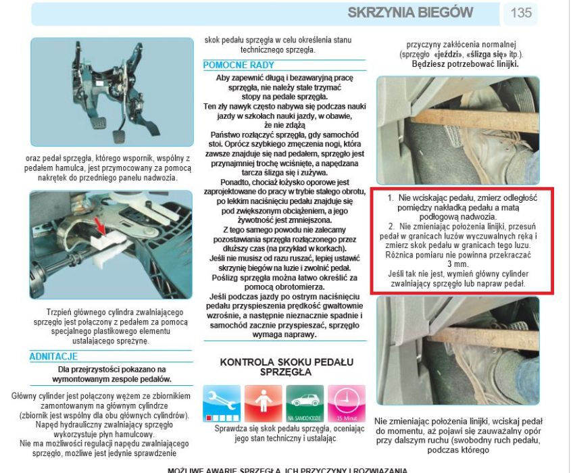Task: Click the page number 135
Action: (x=521, y=13)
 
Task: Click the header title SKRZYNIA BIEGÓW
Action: (x=410, y=13)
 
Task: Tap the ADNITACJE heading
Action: (x=53, y=356)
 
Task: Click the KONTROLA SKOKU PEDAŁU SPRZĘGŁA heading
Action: (x=284, y=367)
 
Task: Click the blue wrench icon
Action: (x=222, y=403)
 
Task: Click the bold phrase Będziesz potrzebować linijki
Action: (x=466, y=64)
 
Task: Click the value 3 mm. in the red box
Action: (x=462, y=264)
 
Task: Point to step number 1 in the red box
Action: (x=391, y=197)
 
